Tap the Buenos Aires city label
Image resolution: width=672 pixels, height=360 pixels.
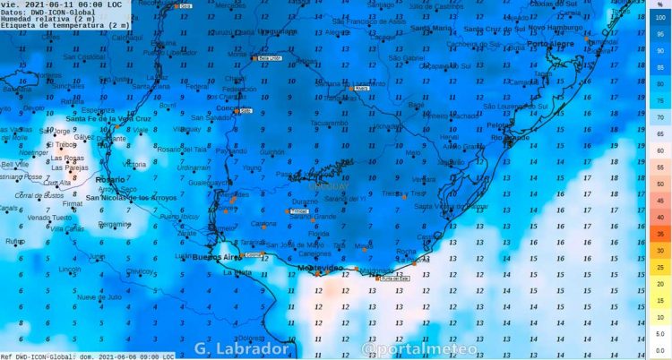218,258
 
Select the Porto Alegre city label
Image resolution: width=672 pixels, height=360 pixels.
550,43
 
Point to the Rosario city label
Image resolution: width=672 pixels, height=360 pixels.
86,180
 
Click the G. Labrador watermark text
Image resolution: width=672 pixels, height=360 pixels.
241,348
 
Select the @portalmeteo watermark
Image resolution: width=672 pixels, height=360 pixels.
407,348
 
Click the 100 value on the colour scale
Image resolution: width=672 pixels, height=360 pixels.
659,17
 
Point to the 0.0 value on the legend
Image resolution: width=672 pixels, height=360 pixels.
659,350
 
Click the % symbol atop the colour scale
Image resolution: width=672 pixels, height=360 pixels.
659,4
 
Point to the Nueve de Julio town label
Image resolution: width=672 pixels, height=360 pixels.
99,296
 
